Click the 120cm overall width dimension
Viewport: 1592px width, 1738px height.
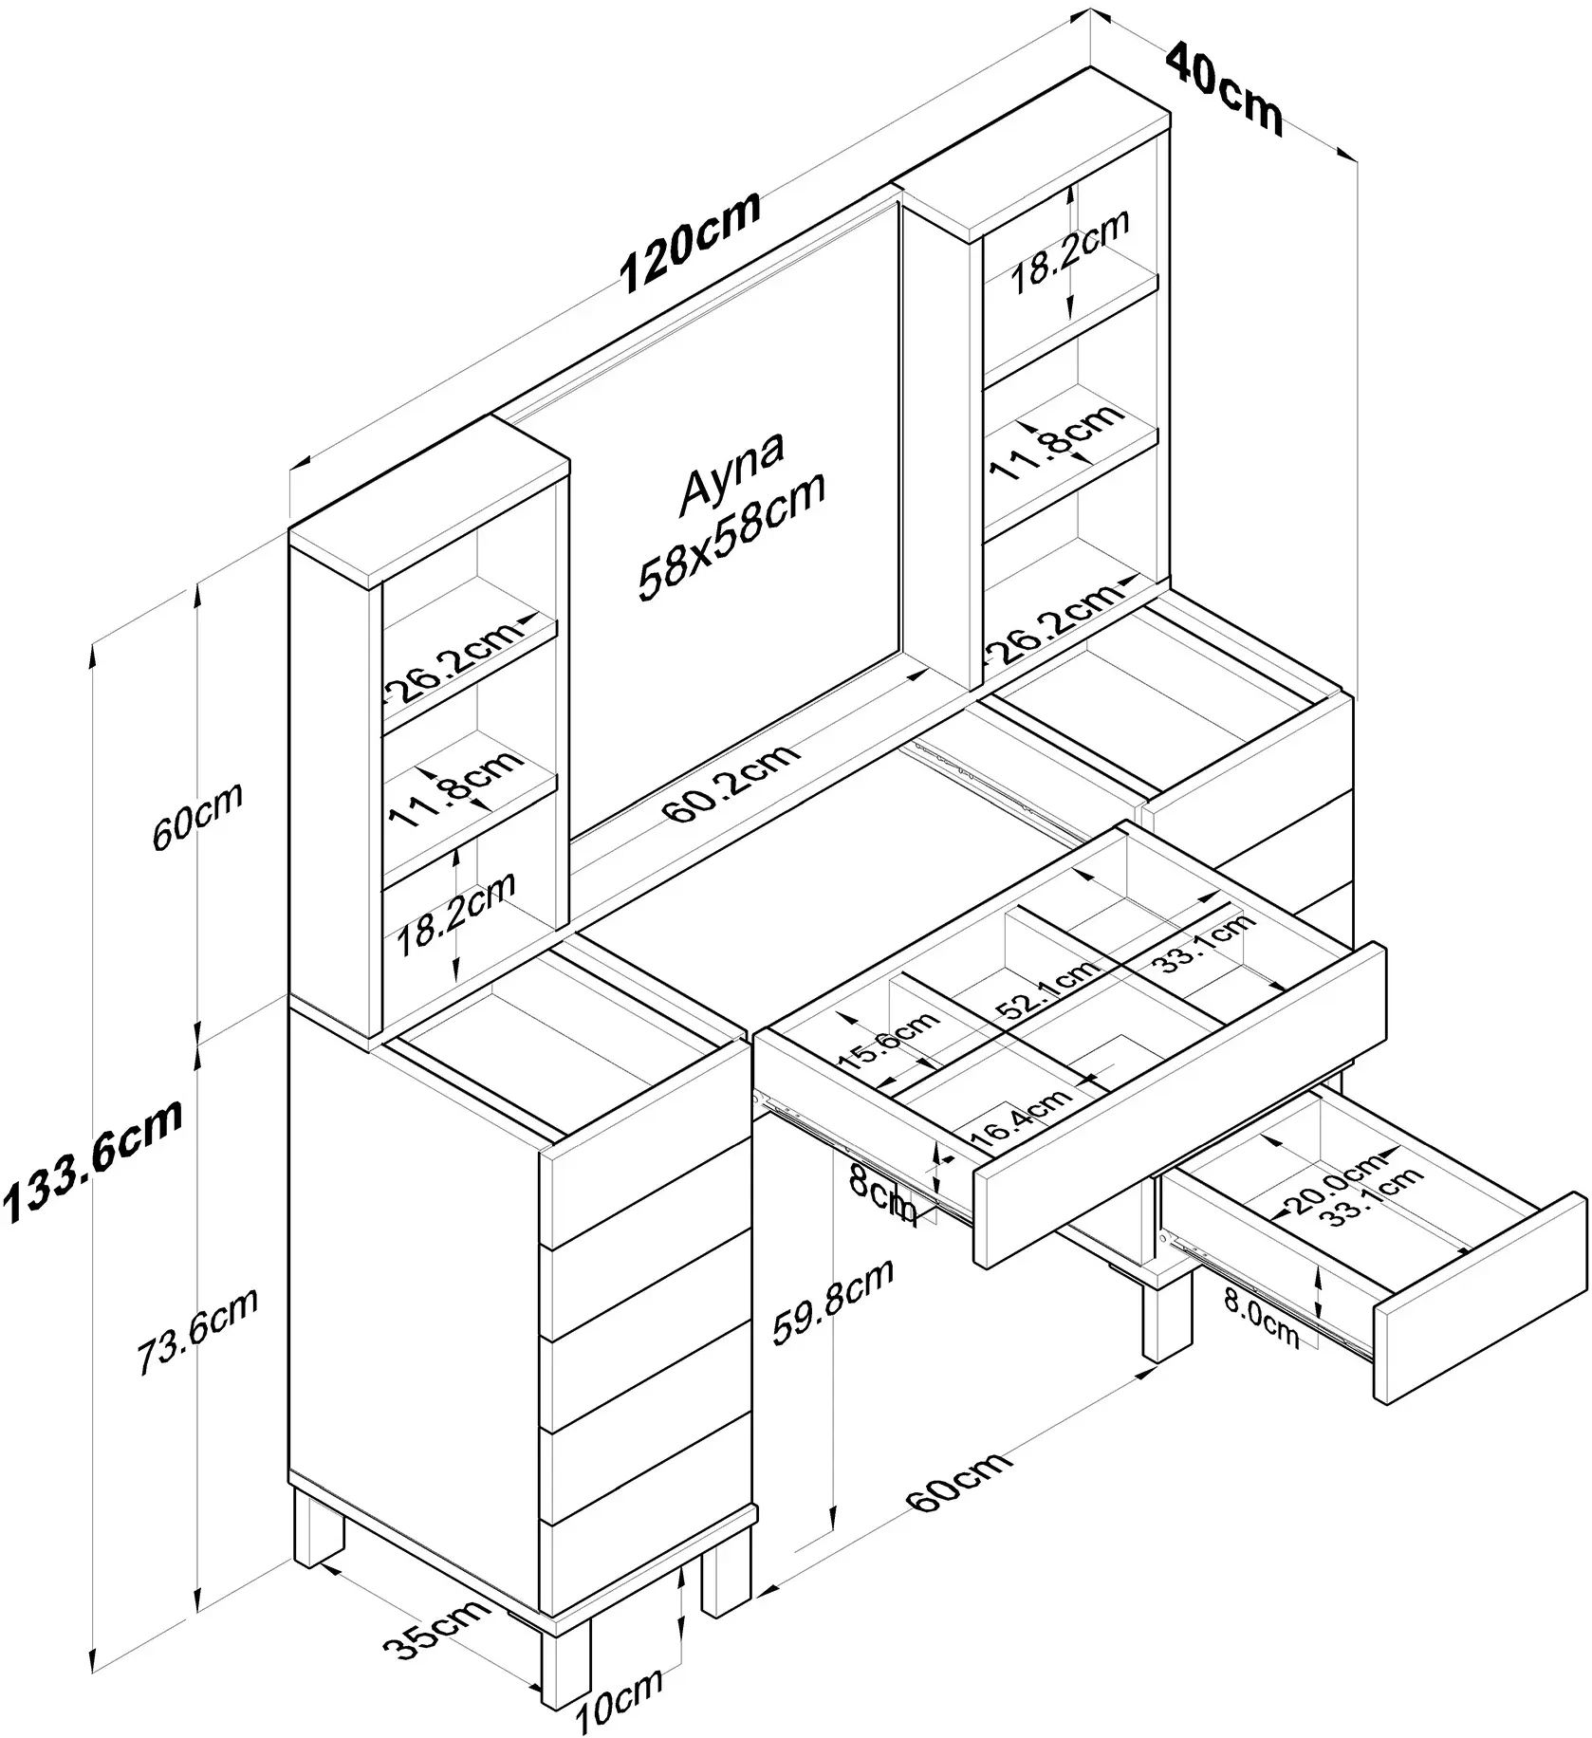(690, 241)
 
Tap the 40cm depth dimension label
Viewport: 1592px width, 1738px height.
(1224, 87)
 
